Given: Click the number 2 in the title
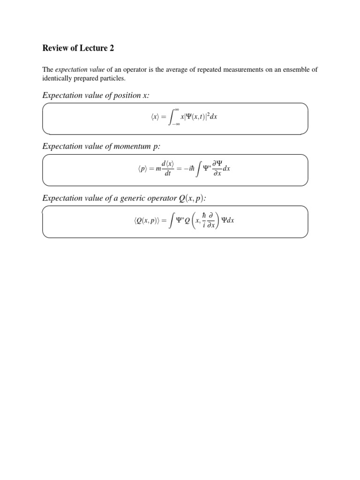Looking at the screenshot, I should (x=111, y=48).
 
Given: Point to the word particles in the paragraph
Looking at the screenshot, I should (x=112, y=78).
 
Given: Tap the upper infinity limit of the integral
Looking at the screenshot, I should (x=177, y=109).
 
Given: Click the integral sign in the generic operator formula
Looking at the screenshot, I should (x=173, y=220).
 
